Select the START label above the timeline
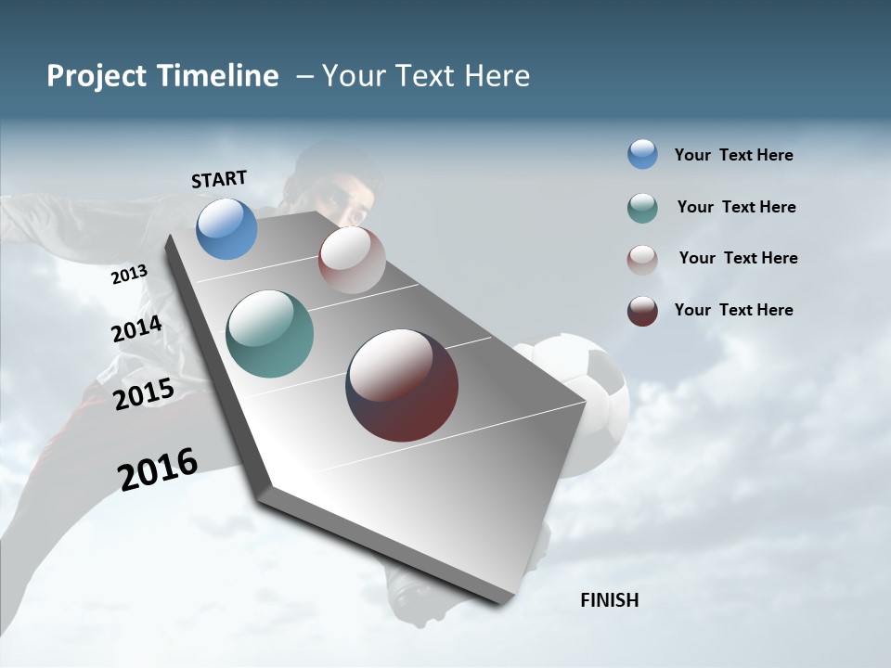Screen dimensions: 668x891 click(x=219, y=178)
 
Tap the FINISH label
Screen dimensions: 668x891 click(x=609, y=600)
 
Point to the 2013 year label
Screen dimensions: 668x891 click(x=129, y=274)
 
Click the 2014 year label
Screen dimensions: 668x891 click(x=136, y=328)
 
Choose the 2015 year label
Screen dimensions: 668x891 click(x=143, y=394)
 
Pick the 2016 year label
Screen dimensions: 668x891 click(x=158, y=469)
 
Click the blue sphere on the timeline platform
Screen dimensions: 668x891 click(x=226, y=228)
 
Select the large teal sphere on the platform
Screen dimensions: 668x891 click(x=269, y=334)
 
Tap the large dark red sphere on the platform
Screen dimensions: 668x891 click(x=402, y=385)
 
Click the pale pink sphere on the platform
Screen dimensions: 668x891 click(x=352, y=260)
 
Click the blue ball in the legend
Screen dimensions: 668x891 click(x=642, y=154)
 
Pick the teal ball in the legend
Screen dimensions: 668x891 click(x=642, y=208)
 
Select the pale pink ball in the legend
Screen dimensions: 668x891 click(x=642, y=260)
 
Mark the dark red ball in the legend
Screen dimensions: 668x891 click(x=642, y=311)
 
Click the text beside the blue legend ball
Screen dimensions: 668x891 click(x=733, y=155)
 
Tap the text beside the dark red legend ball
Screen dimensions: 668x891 click(x=733, y=310)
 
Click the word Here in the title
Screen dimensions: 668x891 click(x=497, y=76)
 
